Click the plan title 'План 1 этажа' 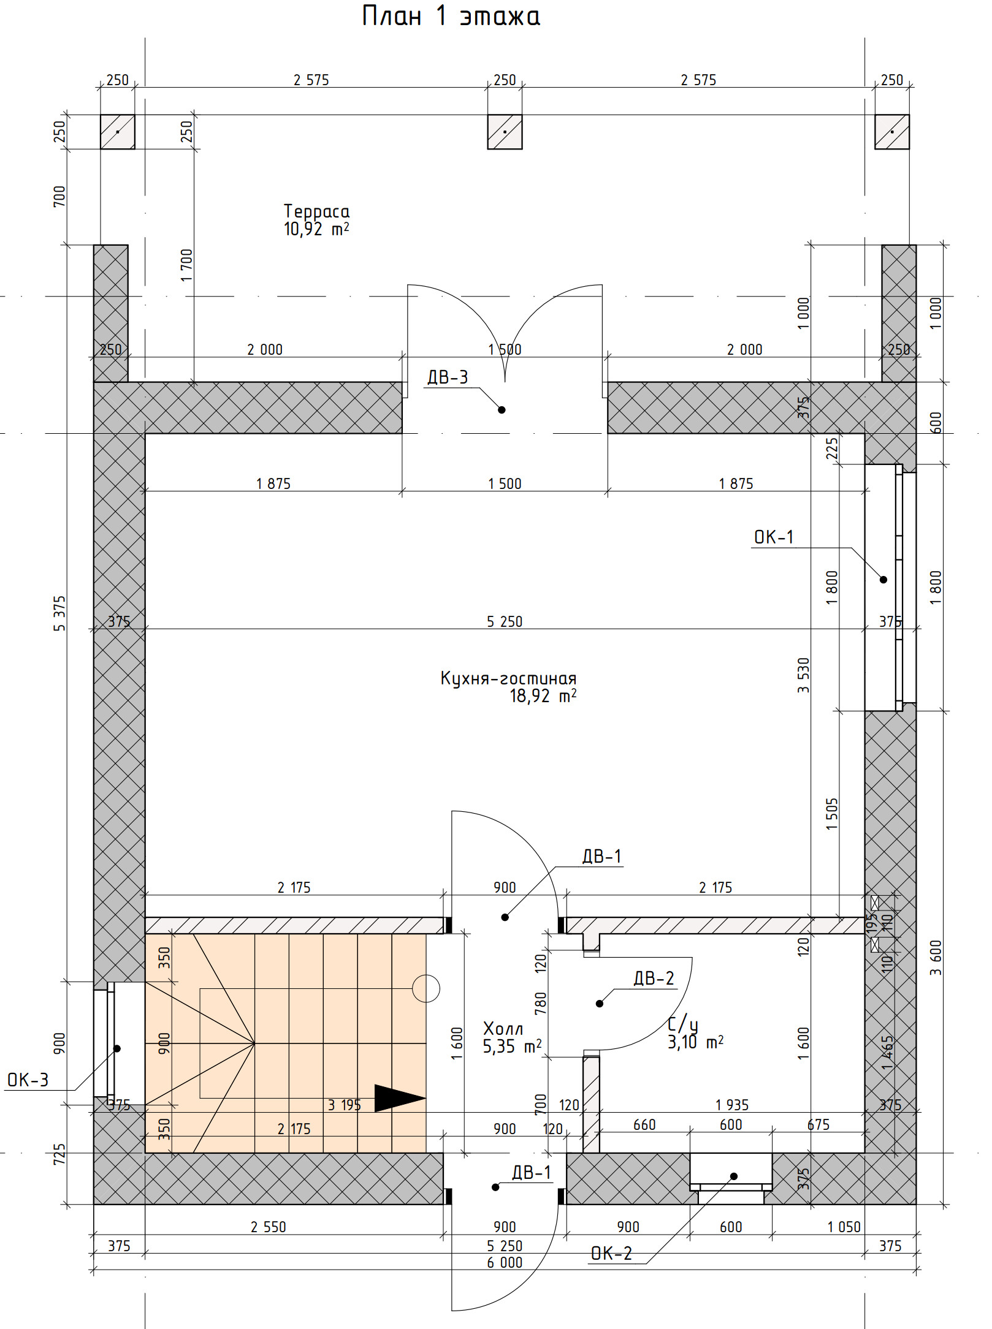click(451, 17)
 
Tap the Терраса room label click(316, 211)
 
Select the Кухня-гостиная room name click(508, 678)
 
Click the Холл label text click(503, 1028)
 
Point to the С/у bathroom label click(682, 1024)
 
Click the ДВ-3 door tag click(448, 377)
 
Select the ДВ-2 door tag click(654, 978)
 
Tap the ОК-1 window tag click(774, 537)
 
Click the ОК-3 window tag click(28, 1080)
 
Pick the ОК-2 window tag click(611, 1254)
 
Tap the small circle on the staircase click(426, 988)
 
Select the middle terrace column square click(505, 132)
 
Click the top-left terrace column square click(118, 132)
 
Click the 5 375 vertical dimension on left click(59, 613)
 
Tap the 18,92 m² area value click(543, 696)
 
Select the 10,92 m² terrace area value click(316, 229)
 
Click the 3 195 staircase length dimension click(344, 1105)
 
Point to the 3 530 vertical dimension click(803, 675)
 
